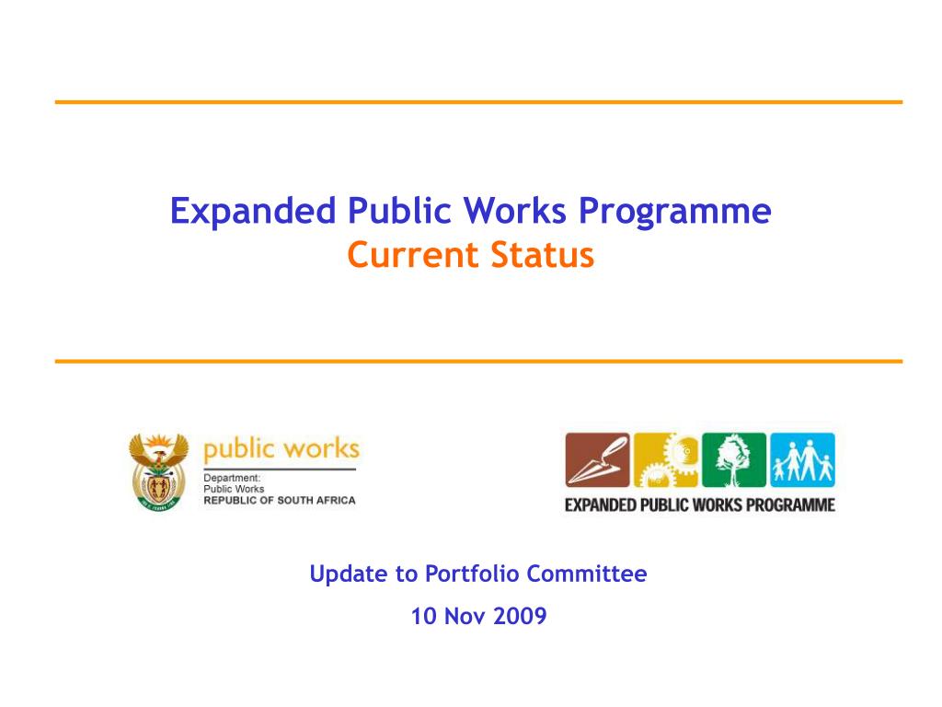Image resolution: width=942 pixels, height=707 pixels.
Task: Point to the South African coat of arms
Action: click(158, 471)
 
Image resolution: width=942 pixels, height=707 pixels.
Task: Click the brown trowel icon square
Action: click(597, 459)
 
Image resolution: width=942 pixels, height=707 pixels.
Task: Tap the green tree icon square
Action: click(734, 459)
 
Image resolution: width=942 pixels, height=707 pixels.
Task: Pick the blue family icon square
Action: click(802, 459)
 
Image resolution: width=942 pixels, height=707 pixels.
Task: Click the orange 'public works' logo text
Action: click(281, 449)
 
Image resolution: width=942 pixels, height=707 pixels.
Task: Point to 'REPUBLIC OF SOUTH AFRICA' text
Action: click(279, 500)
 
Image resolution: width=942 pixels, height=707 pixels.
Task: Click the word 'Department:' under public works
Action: click(232, 478)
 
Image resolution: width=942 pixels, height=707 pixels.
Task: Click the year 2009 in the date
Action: click(520, 616)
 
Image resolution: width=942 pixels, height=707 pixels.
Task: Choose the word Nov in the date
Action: click(465, 616)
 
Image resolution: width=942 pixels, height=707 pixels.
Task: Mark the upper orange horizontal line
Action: click(478, 102)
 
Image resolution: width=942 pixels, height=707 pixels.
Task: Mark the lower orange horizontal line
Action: click(478, 361)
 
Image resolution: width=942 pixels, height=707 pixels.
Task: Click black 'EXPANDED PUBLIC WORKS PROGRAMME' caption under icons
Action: click(700, 504)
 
